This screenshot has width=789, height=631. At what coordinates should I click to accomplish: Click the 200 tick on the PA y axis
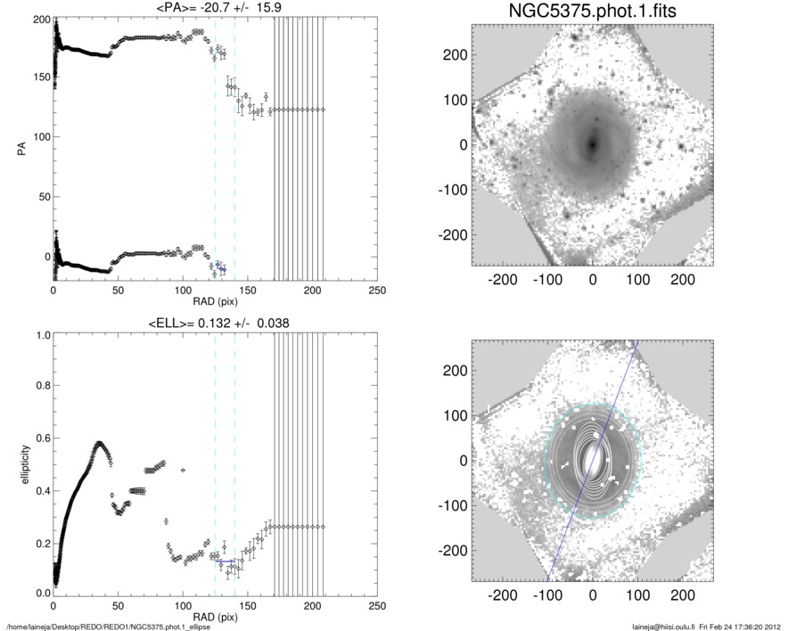(x=38, y=19)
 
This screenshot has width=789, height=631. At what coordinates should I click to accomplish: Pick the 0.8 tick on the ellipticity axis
(x=40, y=387)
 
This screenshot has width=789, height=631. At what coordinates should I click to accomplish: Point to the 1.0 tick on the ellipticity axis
(x=40, y=336)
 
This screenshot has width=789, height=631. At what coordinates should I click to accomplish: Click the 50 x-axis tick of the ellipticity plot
(x=118, y=606)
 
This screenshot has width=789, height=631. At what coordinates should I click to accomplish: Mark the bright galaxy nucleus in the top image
(x=593, y=143)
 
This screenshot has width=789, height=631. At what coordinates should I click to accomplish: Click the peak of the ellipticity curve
(x=99, y=443)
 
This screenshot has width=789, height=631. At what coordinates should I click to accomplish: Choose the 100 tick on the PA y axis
(x=38, y=137)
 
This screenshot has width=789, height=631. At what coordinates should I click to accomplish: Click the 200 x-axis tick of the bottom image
(x=682, y=594)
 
